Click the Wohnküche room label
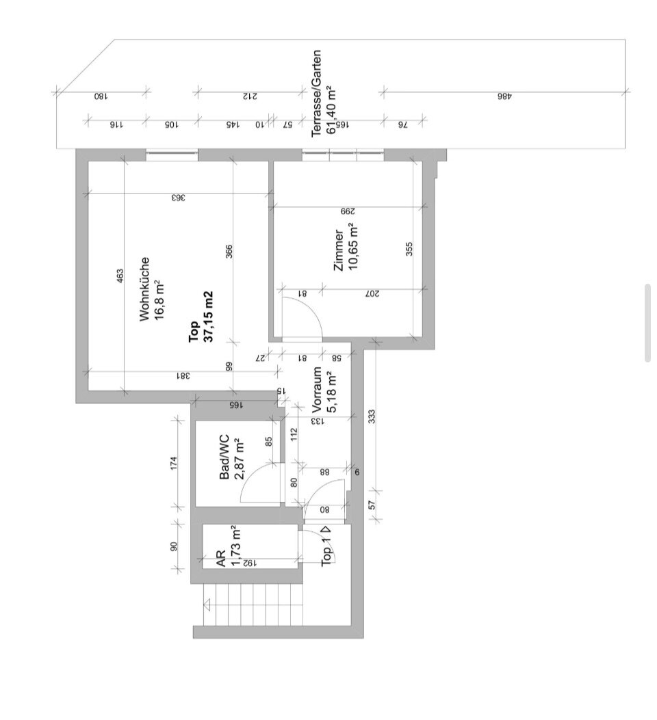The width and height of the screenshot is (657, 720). pyautogui.click(x=144, y=289)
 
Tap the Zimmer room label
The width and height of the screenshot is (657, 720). pyautogui.click(x=339, y=250)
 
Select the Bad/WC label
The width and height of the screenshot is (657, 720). pyautogui.click(x=224, y=457)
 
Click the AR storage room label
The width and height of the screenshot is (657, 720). pyautogui.click(x=221, y=559)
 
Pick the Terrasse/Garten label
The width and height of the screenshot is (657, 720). pyautogui.click(x=316, y=93)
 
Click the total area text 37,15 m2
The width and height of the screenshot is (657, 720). pyautogui.click(x=209, y=317)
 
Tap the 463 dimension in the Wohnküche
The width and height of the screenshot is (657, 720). pyautogui.click(x=120, y=276)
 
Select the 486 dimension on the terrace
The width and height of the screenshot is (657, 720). pyautogui.click(x=504, y=97)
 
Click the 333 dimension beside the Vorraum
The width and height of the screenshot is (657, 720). pyautogui.click(x=372, y=416)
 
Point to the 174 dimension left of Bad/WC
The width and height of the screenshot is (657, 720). pyautogui.click(x=173, y=463)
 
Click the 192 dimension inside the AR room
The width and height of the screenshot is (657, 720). pyautogui.click(x=247, y=563)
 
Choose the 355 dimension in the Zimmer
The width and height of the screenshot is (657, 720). pyautogui.click(x=409, y=250)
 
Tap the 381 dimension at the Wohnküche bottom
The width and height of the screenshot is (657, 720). pyautogui.click(x=183, y=375)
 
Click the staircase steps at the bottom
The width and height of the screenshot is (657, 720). pyautogui.click(x=253, y=604)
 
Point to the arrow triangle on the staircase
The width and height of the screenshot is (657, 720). pyautogui.click(x=207, y=604)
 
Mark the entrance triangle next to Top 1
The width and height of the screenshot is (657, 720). pyautogui.click(x=326, y=529)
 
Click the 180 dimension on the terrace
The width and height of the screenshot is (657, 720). pyautogui.click(x=101, y=97)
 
